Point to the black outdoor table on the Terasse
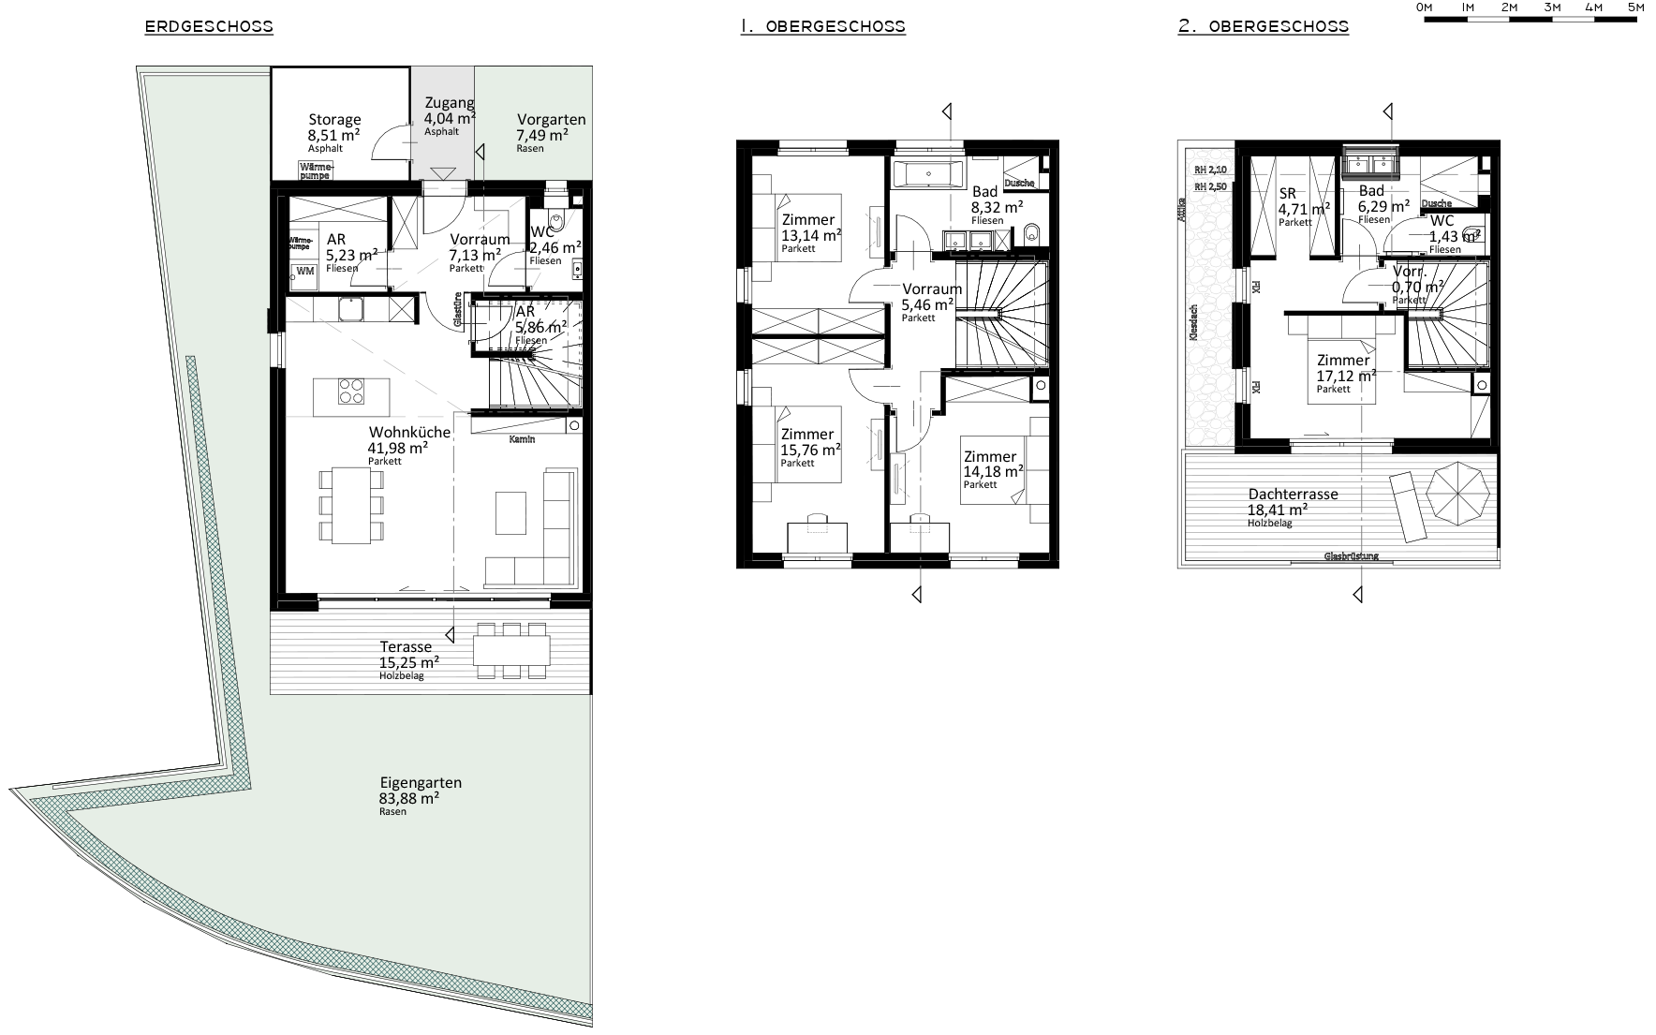(x=510, y=649)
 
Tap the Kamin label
(x=522, y=440)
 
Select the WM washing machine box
(x=304, y=272)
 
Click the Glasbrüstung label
(x=1351, y=556)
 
